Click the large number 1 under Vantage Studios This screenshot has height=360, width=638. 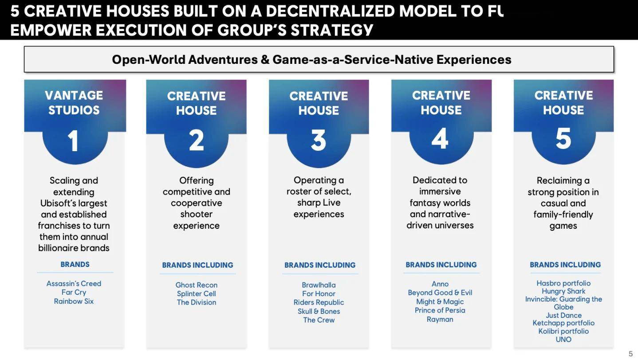[x=73, y=141]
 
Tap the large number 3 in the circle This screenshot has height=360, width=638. [x=319, y=140]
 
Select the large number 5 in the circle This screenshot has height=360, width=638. [x=563, y=138]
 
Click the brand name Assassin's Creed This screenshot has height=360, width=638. [x=74, y=283]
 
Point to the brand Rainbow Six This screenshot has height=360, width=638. [x=74, y=301]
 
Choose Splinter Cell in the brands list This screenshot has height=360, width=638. [x=196, y=293]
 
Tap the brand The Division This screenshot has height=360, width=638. [x=196, y=302]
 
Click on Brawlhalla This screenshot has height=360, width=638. [x=319, y=285]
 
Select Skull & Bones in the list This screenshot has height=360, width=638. [x=319, y=311]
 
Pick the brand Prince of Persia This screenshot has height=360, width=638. [x=440, y=310]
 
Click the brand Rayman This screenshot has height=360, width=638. [x=440, y=319]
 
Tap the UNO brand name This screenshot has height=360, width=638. [x=563, y=339]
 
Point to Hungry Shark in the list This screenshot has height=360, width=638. [x=563, y=291]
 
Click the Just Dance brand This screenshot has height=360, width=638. [x=563, y=315]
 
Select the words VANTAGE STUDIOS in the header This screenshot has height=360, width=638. [x=74, y=103]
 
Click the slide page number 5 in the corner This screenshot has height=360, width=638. [x=630, y=354]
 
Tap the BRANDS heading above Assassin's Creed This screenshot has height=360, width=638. [x=75, y=264]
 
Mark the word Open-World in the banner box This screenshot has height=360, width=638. [x=148, y=60]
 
